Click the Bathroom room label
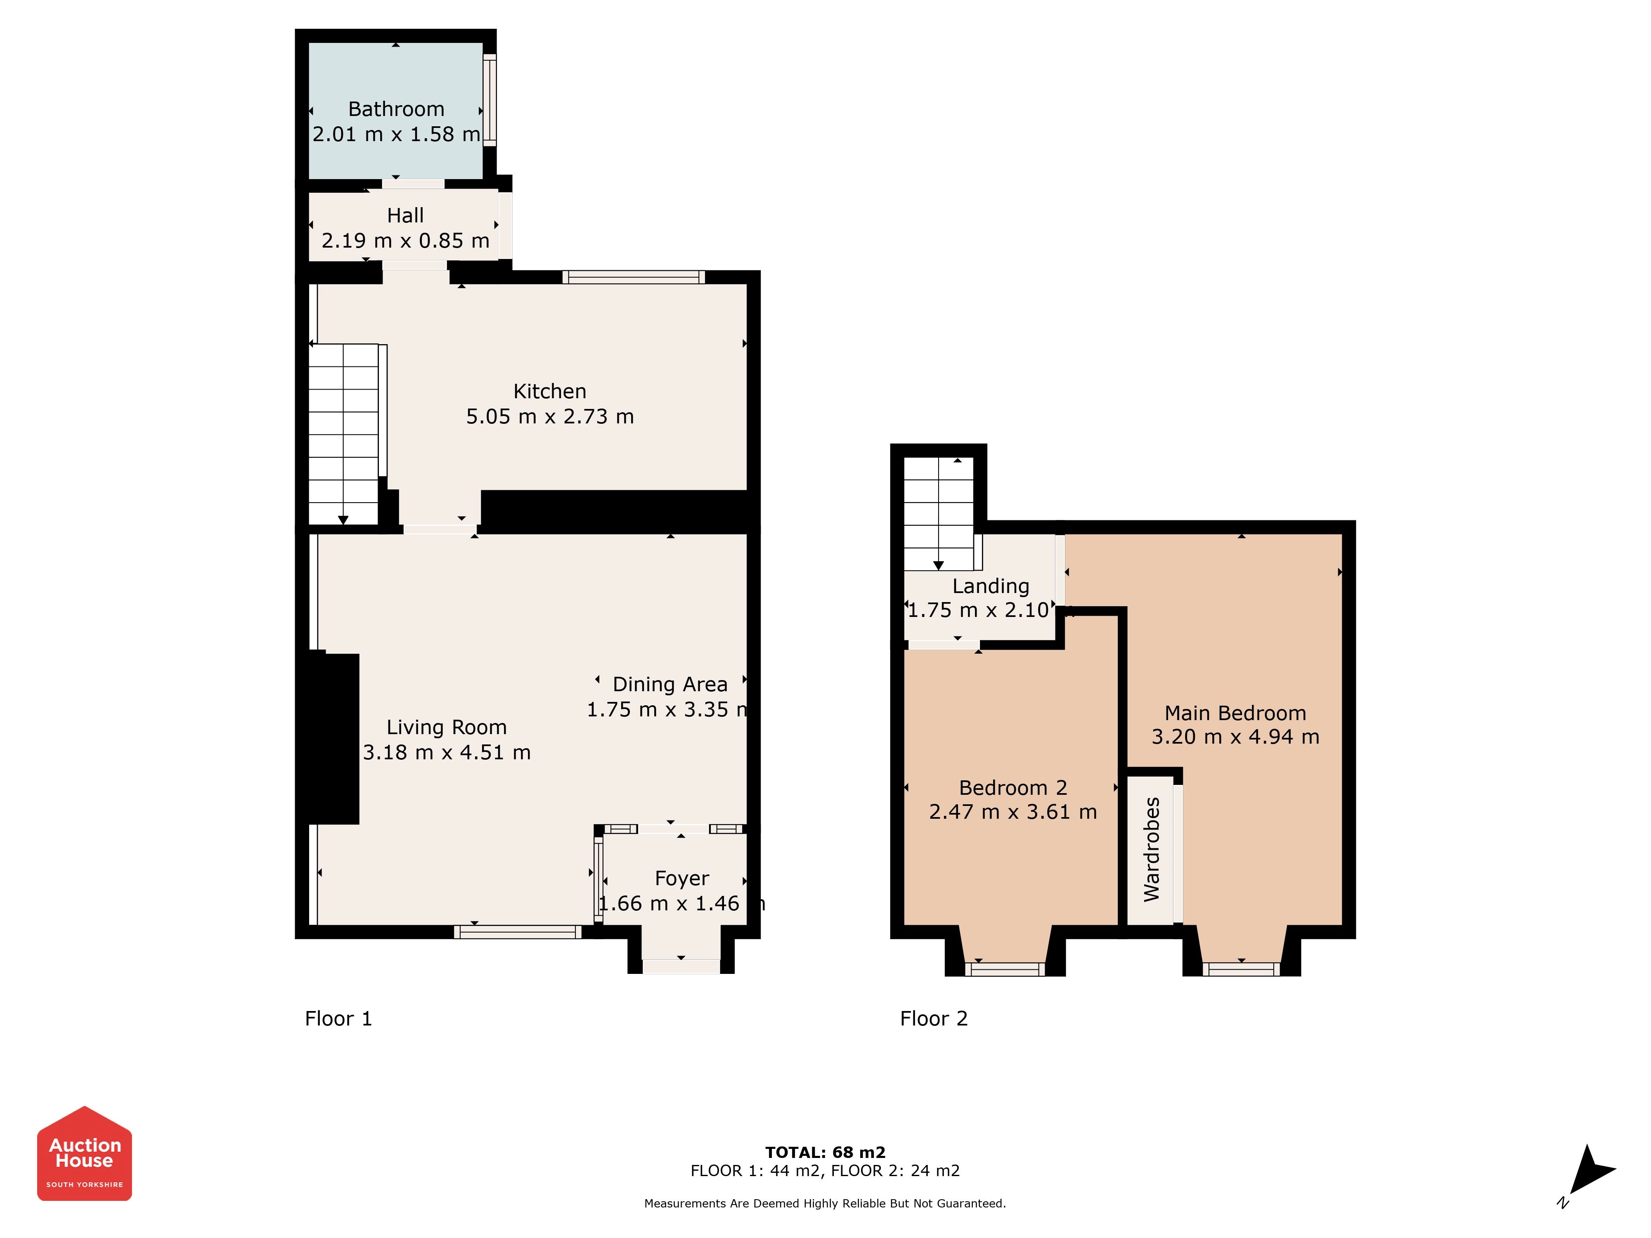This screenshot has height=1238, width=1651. pyautogui.click(x=396, y=109)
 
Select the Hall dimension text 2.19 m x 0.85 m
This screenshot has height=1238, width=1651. pyautogui.click(x=405, y=240)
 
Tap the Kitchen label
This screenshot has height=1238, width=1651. pyautogui.click(x=550, y=391)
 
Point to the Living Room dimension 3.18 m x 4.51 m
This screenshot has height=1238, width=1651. pyautogui.click(x=446, y=752)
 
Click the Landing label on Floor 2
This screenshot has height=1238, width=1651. pyautogui.click(x=991, y=586)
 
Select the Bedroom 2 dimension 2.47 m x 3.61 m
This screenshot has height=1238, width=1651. pyautogui.click(x=1013, y=812)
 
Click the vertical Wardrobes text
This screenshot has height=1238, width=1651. pyautogui.click(x=1152, y=849)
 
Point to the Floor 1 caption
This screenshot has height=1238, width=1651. pyautogui.click(x=338, y=1018)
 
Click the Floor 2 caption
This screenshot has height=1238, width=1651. pyautogui.click(x=934, y=1018)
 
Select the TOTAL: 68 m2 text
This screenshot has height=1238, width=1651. pyautogui.click(x=825, y=1152)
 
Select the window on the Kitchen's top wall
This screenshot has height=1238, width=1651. pyautogui.click(x=634, y=277)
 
